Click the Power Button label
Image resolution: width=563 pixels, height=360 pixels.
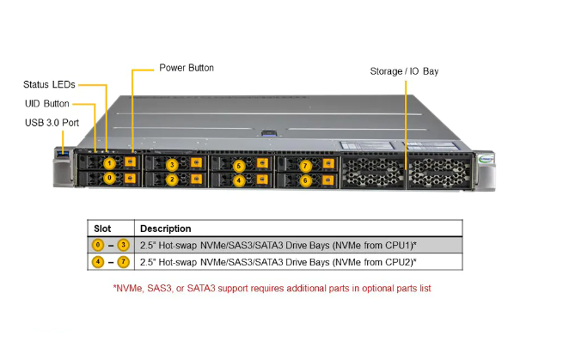[x=187, y=68]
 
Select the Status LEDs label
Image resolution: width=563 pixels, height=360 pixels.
[x=49, y=84]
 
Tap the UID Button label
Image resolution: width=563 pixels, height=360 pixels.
[x=47, y=103]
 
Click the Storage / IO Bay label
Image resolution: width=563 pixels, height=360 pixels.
[x=404, y=71]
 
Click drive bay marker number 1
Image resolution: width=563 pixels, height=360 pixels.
[x=109, y=163]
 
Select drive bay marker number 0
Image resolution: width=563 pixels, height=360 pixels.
[x=109, y=179]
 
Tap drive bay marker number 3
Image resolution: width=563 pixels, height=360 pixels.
[x=172, y=164]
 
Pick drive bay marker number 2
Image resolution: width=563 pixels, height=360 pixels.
[x=172, y=180]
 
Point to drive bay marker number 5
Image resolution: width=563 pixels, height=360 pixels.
[x=239, y=164]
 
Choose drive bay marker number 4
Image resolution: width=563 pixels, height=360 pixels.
[x=239, y=180]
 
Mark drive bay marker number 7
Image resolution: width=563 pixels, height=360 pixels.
[x=305, y=164]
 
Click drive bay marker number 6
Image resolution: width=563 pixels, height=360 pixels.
[x=305, y=180]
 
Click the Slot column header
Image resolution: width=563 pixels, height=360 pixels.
[x=102, y=229]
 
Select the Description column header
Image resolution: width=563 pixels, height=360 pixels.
[x=166, y=229]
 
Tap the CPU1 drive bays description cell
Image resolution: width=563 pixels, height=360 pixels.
[x=278, y=245]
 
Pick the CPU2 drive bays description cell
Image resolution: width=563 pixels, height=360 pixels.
[x=278, y=261]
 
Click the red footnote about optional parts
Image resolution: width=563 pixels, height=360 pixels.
[x=272, y=288]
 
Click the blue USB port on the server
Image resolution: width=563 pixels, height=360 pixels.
[x=64, y=154]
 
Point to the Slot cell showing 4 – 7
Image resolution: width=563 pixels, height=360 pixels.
[x=111, y=261]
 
